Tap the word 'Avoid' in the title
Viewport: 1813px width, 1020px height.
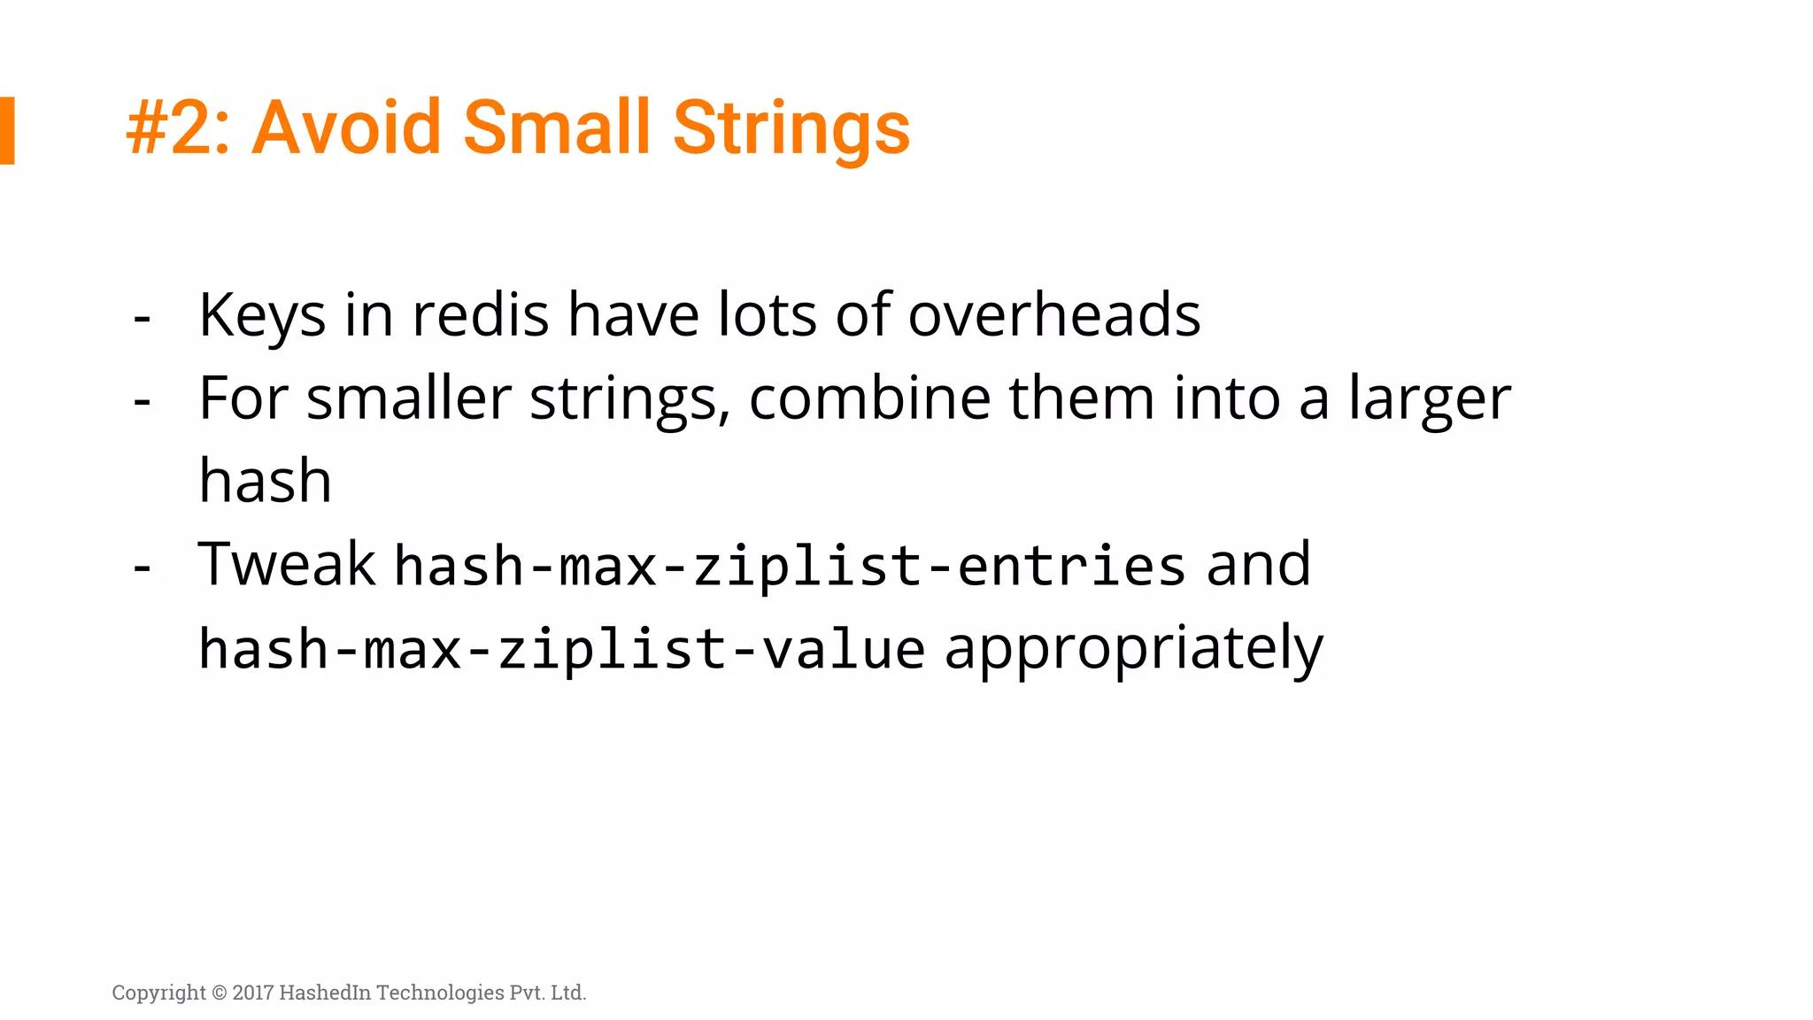pos(346,127)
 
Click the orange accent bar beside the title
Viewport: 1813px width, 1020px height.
pos(7,130)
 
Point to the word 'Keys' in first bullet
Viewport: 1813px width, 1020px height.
pos(262,315)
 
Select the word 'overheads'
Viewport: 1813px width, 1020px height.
pos(1053,315)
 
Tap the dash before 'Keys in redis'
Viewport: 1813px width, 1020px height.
pos(142,318)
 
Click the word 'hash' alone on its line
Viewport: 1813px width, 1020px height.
pos(265,481)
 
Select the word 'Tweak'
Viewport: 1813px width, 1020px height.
pos(287,564)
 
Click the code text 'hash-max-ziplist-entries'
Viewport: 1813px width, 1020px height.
pos(789,566)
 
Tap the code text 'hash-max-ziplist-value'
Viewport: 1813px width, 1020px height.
pos(561,649)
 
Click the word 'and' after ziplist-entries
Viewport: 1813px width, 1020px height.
pos(1258,565)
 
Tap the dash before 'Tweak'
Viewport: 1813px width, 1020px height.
pos(142,567)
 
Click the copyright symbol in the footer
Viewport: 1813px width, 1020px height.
pos(220,993)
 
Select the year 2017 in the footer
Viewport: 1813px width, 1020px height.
pos(253,993)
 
